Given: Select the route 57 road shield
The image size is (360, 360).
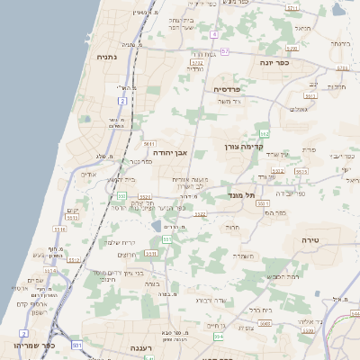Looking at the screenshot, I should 225,51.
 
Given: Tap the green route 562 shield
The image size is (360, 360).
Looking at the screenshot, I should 264,134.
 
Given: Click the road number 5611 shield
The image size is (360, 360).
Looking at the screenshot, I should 149,144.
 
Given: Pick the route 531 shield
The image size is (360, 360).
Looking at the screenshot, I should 77,345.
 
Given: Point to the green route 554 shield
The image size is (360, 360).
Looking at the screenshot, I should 218,337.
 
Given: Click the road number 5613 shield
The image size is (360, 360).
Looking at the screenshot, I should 301,170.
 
